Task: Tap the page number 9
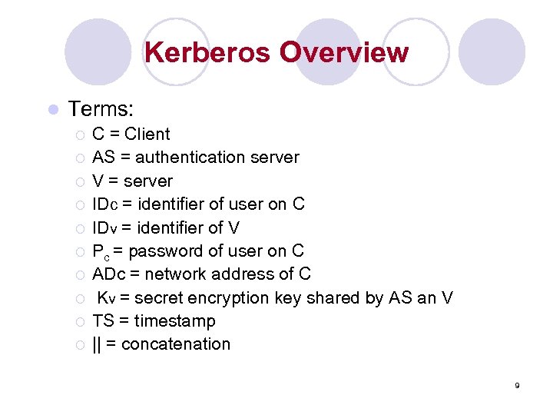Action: point(518,385)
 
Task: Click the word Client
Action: point(147,134)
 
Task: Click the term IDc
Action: point(104,204)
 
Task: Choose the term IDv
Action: point(104,227)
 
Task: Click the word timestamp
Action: point(174,321)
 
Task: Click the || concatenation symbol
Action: point(96,344)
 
